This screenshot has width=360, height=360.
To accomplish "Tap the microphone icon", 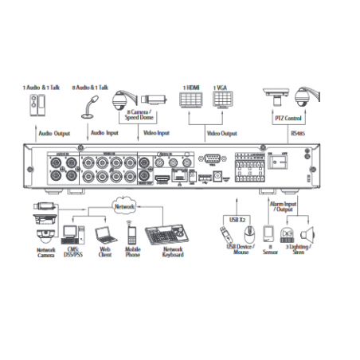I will pyautogui.click(x=92, y=101).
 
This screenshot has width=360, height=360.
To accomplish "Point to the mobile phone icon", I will pyautogui.click(x=133, y=234).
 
